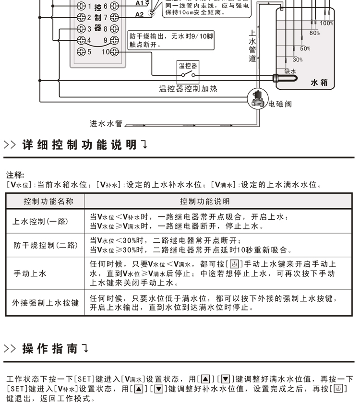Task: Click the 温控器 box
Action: [188, 71]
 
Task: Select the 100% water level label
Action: [326, 24]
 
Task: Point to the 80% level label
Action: [314, 33]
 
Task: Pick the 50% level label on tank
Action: [305, 48]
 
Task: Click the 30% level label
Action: [298, 60]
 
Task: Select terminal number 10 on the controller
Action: [106, 52]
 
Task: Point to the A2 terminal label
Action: [139, 14]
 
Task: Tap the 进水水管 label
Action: [106, 123]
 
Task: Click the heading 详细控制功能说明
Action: [80, 145]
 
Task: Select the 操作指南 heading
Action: [50, 349]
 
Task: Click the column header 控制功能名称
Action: [48, 201]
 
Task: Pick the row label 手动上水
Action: [30, 273]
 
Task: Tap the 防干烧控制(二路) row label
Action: [46, 246]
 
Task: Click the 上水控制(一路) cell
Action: [40, 222]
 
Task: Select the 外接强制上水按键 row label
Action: [45, 303]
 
